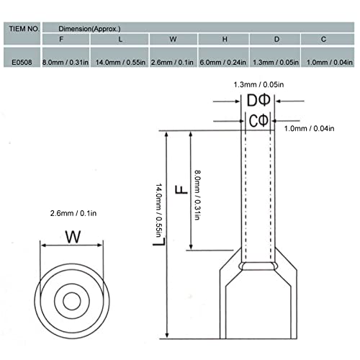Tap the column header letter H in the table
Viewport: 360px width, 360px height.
pos(225,40)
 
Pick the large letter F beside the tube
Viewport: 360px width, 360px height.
pos(182,190)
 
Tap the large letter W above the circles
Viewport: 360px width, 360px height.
pos(72,236)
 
